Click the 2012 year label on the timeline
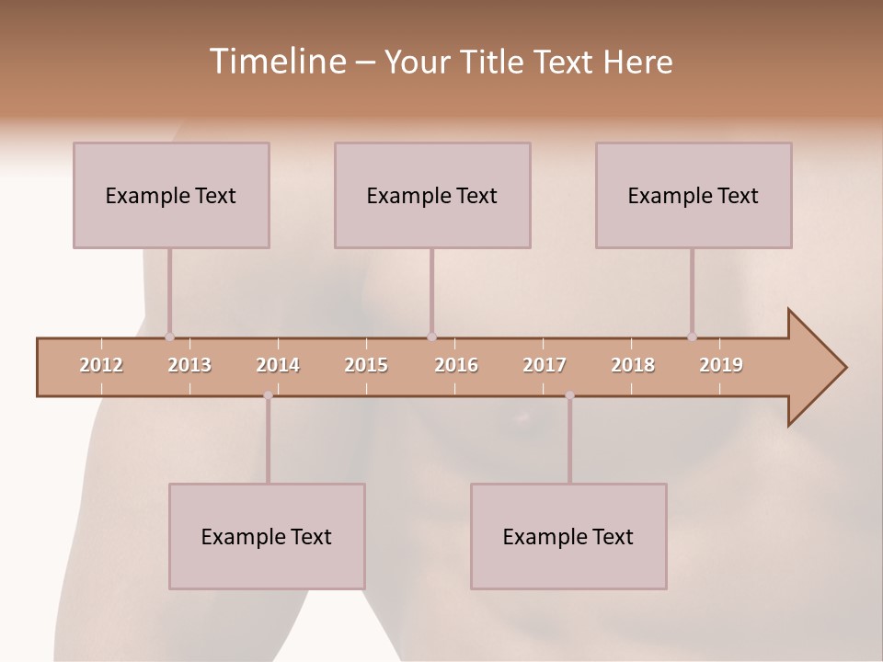click(x=101, y=365)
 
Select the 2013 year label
click(x=189, y=365)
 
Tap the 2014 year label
click(x=278, y=365)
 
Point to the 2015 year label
click(x=366, y=365)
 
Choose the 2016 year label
click(x=456, y=365)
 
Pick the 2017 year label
click(x=545, y=365)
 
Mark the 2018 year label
click(x=633, y=365)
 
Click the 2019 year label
click(x=721, y=365)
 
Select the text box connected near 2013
click(x=171, y=195)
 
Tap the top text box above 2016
click(x=432, y=195)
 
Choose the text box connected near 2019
click(x=694, y=195)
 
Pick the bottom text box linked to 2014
click(x=267, y=536)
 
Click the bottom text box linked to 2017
click(x=568, y=536)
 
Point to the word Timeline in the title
click(x=275, y=62)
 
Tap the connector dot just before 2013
click(x=169, y=337)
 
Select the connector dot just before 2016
click(x=431, y=337)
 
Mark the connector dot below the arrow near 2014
click(x=268, y=395)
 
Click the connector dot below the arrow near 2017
click(x=569, y=395)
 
